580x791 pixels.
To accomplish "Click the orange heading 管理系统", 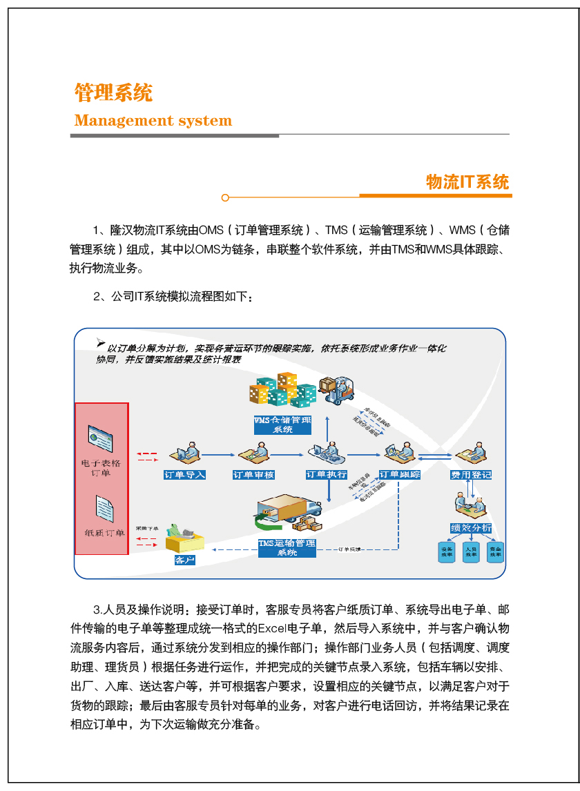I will [113, 92].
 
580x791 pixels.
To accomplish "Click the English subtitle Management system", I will [153, 121].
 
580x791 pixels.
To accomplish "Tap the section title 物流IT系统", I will [467, 182].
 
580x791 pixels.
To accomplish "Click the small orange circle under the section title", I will [225, 198].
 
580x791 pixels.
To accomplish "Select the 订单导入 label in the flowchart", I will [184, 475].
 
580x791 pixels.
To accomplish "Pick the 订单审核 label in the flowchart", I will [253, 475].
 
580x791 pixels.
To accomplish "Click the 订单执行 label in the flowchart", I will [326, 475].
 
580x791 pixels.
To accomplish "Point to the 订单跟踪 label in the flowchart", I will [400, 475].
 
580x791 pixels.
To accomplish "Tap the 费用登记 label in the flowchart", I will [471, 475].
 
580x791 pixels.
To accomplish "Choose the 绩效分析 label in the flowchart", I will [471, 528].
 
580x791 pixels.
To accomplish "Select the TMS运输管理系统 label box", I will [287, 548].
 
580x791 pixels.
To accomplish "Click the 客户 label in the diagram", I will [184, 560].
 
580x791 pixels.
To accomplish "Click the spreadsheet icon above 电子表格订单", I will [100, 438].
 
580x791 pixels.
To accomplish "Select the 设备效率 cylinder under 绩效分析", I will [447, 553].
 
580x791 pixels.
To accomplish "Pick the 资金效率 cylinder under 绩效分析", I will [495, 553].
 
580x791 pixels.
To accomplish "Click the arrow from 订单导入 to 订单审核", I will [218, 455].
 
